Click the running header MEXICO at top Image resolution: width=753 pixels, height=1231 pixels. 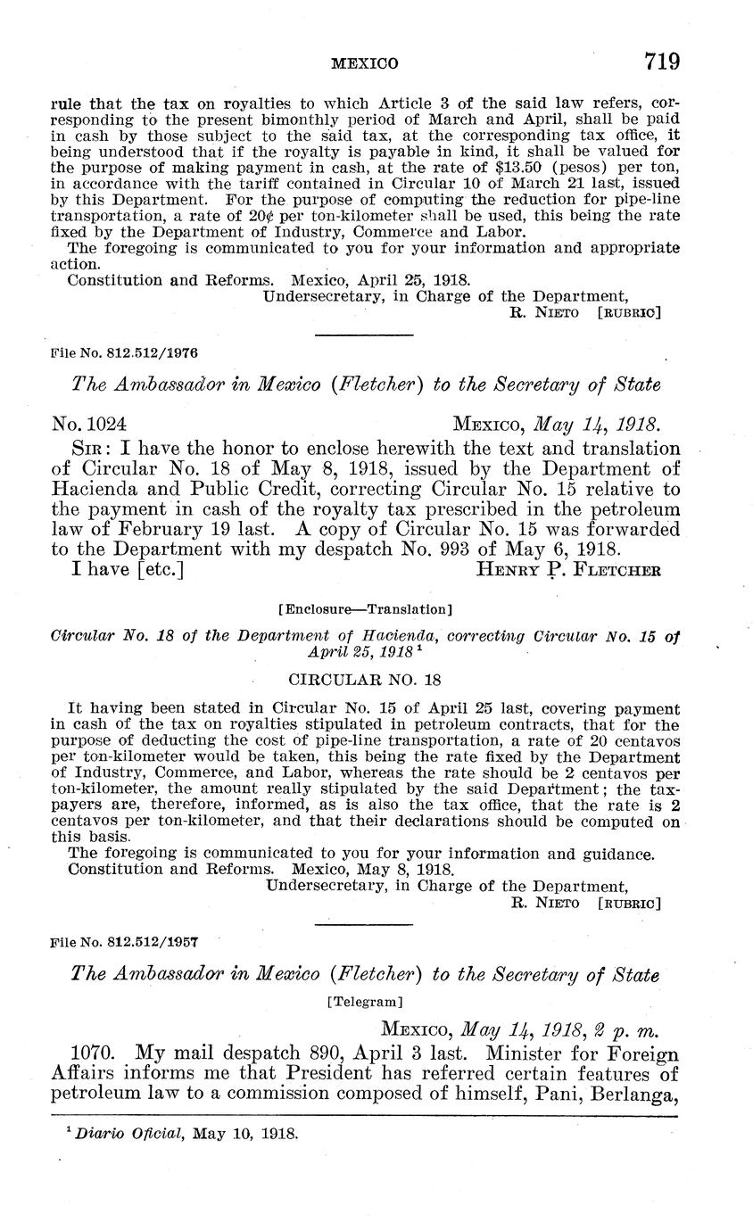coord(364,64)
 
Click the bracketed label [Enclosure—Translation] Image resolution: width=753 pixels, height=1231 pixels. coord(365,610)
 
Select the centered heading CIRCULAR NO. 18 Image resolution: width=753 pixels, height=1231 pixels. coord(365,680)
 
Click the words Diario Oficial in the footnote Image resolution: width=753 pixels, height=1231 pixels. coord(112,1136)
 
